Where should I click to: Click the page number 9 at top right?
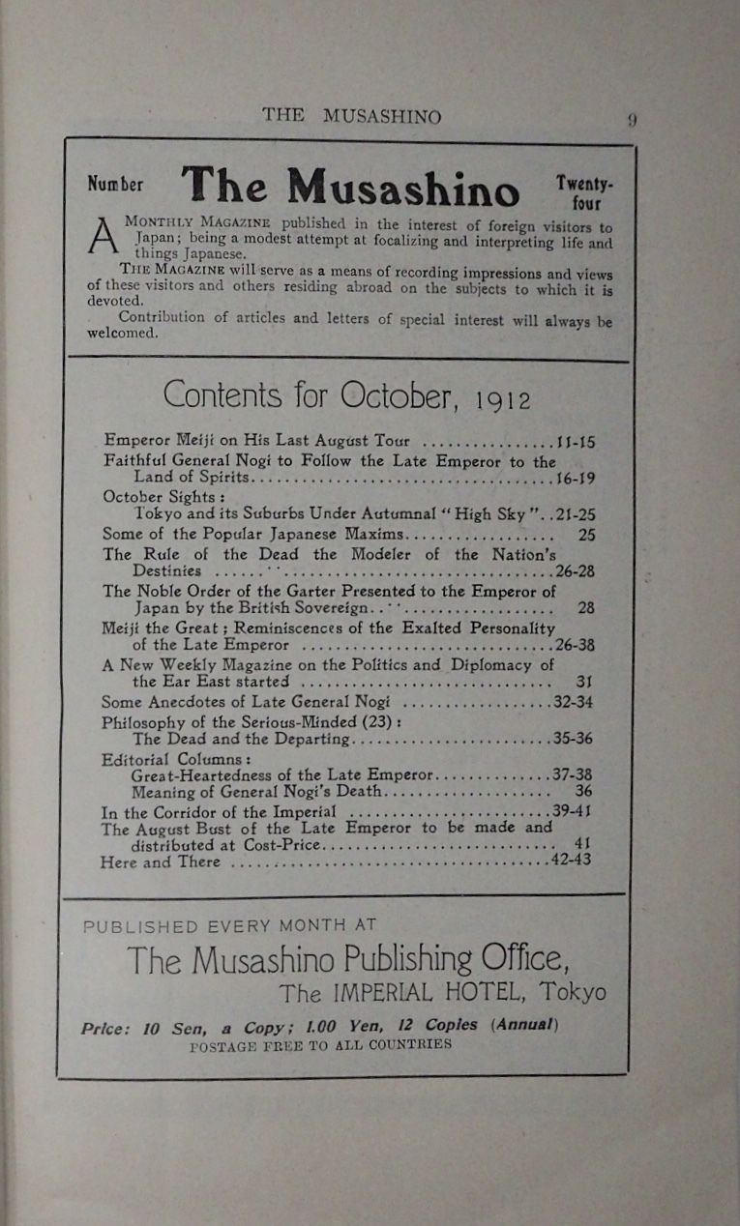[631, 121]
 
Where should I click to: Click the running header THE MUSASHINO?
[351, 116]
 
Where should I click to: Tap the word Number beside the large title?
[115, 184]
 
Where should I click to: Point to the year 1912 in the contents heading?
[504, 399]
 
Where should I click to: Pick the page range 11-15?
[577, 443]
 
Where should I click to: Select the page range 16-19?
[575, 479]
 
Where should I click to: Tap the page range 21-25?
[575, 514]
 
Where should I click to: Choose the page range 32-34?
[574, 702]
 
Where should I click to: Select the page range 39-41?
[573, 811]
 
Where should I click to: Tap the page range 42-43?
[572, 861]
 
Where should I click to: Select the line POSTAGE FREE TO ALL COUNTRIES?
[320, 1045]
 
